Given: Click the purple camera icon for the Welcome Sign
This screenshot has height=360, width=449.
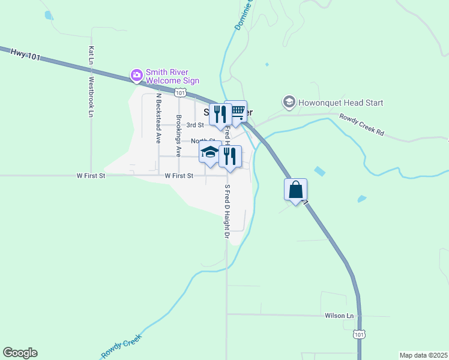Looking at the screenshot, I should pos(137,76).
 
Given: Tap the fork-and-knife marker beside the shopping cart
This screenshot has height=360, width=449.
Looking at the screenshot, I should pos(220,114).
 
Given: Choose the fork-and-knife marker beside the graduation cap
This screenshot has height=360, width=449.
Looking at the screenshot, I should pos(230,156).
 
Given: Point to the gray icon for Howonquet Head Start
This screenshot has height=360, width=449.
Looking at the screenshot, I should pos(289,103).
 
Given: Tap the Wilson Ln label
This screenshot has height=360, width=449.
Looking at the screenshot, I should pos(339,316).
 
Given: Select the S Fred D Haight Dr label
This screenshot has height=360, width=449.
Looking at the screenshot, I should pos(228,211).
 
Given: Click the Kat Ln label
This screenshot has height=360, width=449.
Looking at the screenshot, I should pos(91,56).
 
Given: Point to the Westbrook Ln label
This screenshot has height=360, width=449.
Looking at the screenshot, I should pos(91,96).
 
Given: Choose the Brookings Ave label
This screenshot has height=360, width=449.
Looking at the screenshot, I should pos(178,136).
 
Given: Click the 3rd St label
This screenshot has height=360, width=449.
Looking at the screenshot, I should pos(195,125).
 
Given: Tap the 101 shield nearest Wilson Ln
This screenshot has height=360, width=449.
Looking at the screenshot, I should pos(358,334).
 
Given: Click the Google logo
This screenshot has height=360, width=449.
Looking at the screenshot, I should pos(20,353).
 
